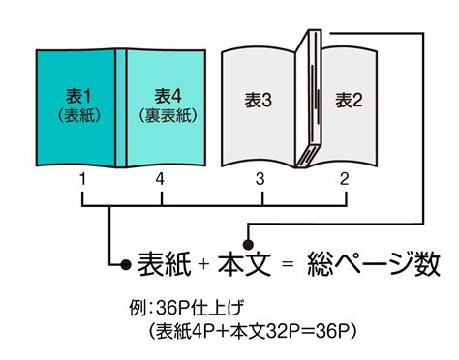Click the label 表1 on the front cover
tap(78, 96)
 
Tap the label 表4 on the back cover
tap(168, 96)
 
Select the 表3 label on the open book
tap(258, 100)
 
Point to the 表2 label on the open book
tap(349, 100)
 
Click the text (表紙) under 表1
tap(79, 115)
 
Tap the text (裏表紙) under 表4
tap(168, 115)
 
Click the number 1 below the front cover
tap(83, 179)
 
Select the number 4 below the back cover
tap(160, 179)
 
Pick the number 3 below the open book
tap(260, 179)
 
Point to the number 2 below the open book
tap(345, 179)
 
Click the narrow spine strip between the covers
tap(121, 108)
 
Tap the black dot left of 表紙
tap(126, 264)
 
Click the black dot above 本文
tap(248, 244)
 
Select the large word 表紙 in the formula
tap(165, 264)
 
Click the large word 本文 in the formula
tap(244, 264)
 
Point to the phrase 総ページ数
tap(374, 264)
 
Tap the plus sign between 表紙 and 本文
tap(204, 264)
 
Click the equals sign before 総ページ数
tap(288, 264)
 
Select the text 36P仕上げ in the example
tap(199, 308)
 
